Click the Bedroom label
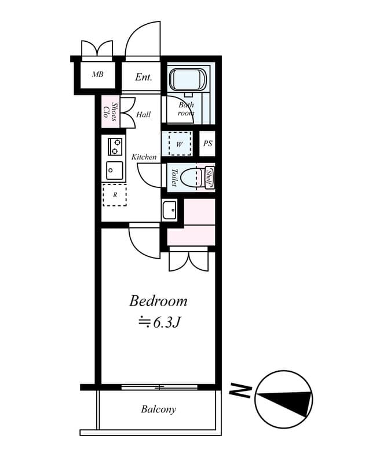click(x=158, y=301)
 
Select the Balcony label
click(x=158, y=409)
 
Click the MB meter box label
click(x=97, y=75)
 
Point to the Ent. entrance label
click(x=144, y=77)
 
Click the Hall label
click(x=144, y=115)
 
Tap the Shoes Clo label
click(x=111, y=111)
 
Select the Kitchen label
click(x=144, y=157)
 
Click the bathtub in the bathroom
click(x=187, y=79)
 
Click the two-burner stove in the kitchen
click(x=115, y=146)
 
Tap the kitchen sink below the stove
click(x=115, y=171)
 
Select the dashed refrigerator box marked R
click(x=115, y=195)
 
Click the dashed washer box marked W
click(x=179, y=144)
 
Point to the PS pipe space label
click(x=207, y=144)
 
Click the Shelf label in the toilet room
click(x=210, y=176)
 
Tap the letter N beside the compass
click(x=240, y=392)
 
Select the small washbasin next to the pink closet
click(x=169, y=209)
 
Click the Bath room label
click(x=186, y=109)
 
